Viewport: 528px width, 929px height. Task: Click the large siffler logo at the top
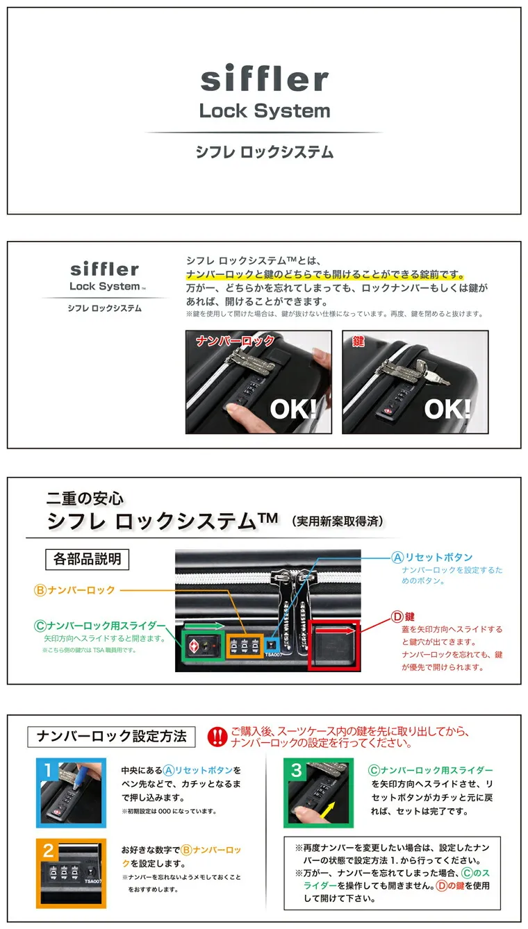coord(265,78)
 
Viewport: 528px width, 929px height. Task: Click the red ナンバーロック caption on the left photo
coord(235,341)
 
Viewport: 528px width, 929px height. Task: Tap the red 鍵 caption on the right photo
coord(358,341)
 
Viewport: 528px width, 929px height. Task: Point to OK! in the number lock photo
coord(293,409)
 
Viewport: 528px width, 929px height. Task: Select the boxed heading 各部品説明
coord(87,559)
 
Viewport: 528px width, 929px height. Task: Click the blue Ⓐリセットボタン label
coord(432,557)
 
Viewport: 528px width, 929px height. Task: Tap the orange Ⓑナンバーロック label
coord(74,589)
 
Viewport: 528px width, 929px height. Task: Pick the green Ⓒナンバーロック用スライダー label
coord(99,626)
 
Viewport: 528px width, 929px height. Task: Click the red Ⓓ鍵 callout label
coord(403,617)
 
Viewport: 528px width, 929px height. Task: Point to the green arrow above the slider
coord(204,626)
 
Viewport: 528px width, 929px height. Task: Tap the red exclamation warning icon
coord(217,737)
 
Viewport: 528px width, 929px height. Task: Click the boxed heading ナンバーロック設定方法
coord(111,736)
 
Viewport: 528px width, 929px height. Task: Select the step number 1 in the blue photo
coord(48,770)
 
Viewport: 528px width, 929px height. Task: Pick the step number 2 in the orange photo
coord(48,851)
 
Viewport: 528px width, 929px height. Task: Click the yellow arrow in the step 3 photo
coord(327,809)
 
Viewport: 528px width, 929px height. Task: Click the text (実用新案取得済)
coord(338,521)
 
